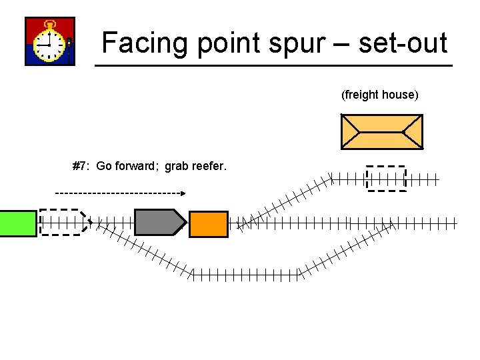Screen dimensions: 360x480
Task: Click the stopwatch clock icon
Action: click(x=50, y=42)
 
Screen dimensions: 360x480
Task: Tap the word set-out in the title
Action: click(x=403, y=43)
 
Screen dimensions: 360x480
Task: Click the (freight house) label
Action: click(x=380, y=95)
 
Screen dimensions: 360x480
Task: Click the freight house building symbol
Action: click(x=381, y=131)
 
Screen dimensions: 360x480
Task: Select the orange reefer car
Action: click(x=209, y=224)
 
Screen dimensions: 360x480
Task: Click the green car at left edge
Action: click(x=18, y=223)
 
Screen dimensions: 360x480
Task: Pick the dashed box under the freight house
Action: click(x=386, y=178)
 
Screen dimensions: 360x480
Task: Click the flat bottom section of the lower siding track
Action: click(x=247, y=274)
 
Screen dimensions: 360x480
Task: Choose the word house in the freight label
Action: click(x=400, y=95)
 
